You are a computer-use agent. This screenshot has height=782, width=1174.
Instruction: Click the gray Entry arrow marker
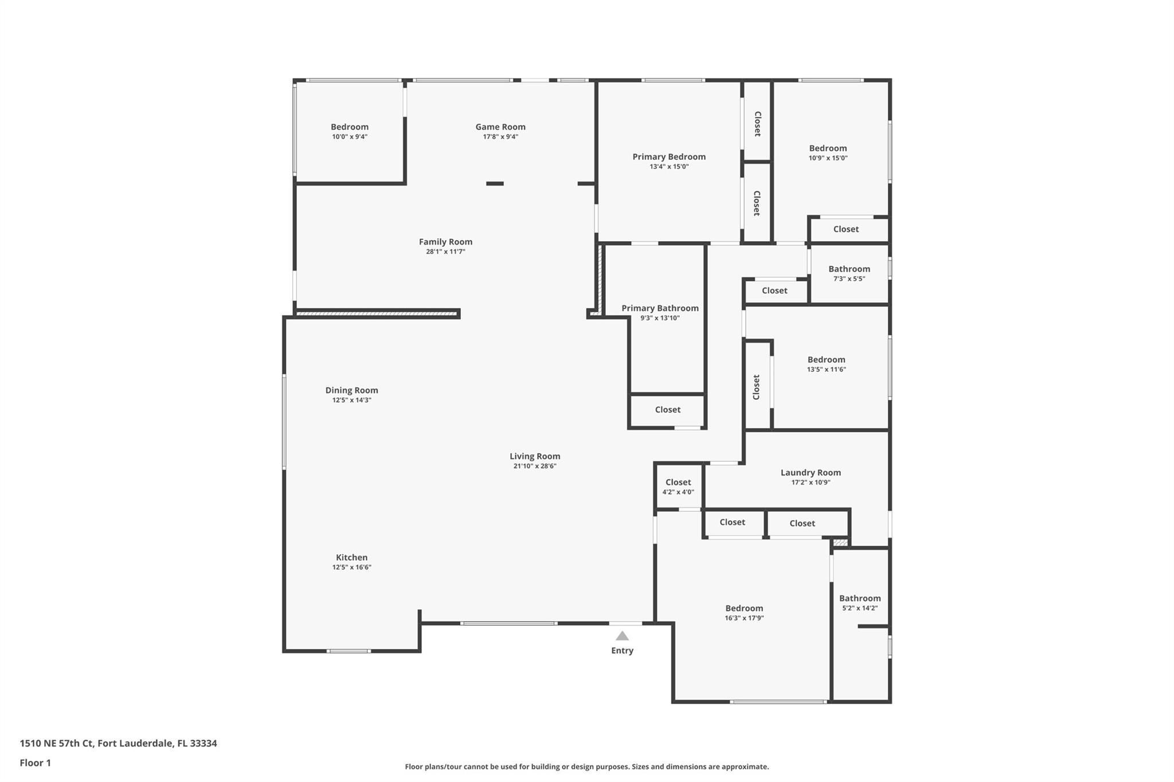pos(622,636)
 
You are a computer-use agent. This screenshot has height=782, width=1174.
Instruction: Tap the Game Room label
pos(500,127)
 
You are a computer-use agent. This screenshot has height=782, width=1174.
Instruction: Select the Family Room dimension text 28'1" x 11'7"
pos(445,252)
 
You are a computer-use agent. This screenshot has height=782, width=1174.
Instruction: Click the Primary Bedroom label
pos(669,156)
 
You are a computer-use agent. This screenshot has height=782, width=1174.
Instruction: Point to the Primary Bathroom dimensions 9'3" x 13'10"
pos(660,318)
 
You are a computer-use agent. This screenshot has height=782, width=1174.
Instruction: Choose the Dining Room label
pos(351,390)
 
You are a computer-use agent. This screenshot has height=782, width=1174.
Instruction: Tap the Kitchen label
pos(351,557)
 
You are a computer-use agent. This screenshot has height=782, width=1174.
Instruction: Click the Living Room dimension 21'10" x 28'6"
pos(535,466)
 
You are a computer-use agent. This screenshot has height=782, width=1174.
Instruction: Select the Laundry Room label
pos(811,473)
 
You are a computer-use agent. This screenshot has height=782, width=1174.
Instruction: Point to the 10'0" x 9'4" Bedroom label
pos(349,127)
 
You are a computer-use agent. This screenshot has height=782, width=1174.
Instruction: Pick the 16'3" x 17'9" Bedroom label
pos(744,608)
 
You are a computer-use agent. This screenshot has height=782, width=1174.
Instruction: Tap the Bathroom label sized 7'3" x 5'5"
pos(849,269)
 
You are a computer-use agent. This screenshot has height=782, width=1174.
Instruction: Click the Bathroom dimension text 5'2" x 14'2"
pos(860,608)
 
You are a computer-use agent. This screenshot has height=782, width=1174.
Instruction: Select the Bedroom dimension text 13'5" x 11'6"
pos(826,370)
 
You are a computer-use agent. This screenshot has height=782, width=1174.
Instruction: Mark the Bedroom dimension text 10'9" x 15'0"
pos(828,158)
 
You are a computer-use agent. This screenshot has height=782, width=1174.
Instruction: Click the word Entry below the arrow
pos(622,650)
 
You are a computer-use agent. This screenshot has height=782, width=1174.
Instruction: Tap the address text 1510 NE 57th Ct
pos(56,743)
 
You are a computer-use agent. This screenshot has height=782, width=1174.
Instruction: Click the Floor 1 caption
pos(35,763)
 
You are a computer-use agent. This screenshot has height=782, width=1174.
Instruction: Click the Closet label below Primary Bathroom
pos(668,410)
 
